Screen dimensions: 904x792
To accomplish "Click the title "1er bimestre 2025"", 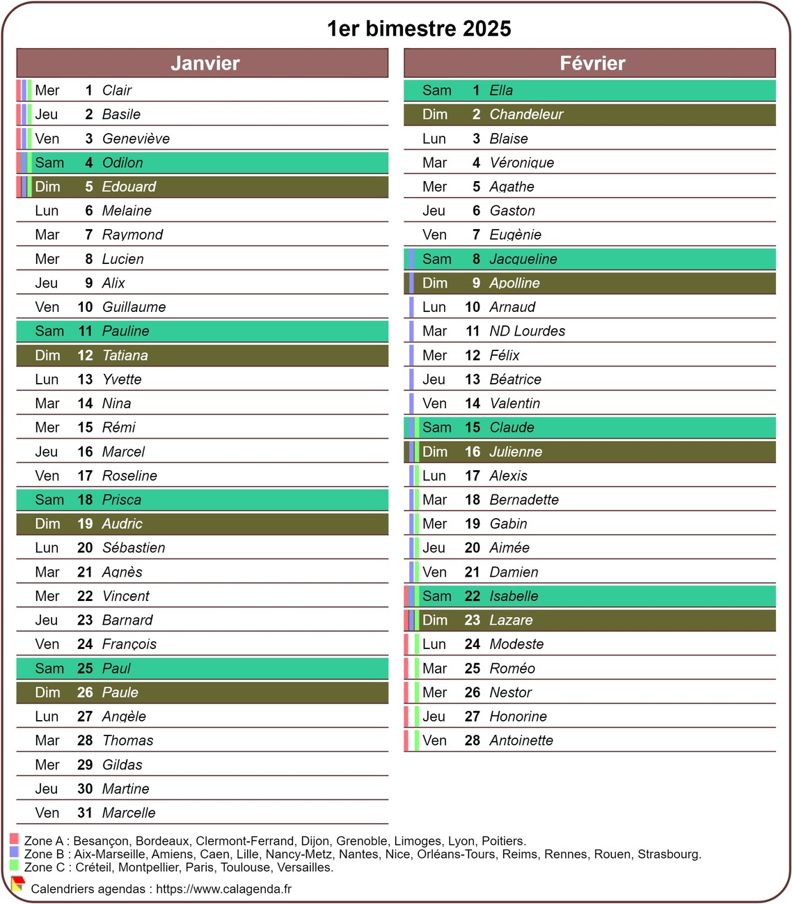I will (x=419, y=29).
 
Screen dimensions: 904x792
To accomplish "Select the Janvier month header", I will (x=205, y=63).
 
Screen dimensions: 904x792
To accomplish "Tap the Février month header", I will (x=592, y=63).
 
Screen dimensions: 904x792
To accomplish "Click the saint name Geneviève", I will (x=136, y=139).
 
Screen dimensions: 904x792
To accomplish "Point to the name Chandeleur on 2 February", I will (x=526, y=114).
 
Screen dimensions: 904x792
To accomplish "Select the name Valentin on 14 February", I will (x=514, y=403).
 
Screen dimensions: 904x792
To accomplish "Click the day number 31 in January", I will (x=85, y=813).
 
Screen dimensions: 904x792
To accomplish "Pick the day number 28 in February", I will (x=473, y=740).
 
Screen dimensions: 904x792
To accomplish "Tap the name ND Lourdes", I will (x=527, y=331).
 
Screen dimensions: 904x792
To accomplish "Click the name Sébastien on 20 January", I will (x=134, y=548).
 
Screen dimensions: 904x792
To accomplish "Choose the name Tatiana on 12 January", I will (x=125, y=355).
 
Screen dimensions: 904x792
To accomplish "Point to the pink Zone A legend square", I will (x=14, y=839).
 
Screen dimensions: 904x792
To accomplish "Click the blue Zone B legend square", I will (x=14, y=852).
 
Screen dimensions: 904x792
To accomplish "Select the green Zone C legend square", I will (x=14, y=865).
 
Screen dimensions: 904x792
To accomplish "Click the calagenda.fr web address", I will (x=223, y=889).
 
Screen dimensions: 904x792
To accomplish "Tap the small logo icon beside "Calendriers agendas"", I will (x=18, y=884).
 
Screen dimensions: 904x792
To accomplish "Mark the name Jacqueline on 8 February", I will (x=523, y=259).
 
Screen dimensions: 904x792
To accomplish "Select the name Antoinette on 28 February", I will (x=521, y=740).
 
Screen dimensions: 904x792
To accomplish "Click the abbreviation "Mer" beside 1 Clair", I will (x=47, y=91).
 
